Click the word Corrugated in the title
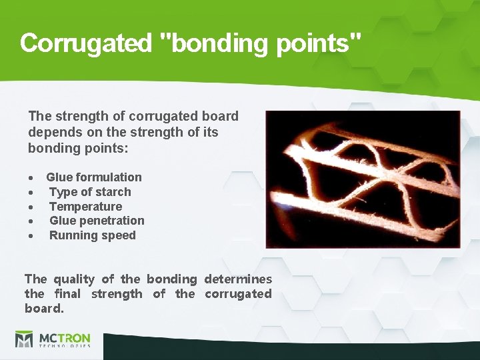pos(86,43)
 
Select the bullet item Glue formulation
pos(93,177)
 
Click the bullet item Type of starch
pos(90,192)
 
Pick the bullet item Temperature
pos(85,207)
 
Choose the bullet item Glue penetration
pos(97,221)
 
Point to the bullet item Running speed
pos(92,235)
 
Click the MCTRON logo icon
pos(24,339)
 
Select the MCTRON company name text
pos(64,337)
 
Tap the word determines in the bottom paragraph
pos(238,279)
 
